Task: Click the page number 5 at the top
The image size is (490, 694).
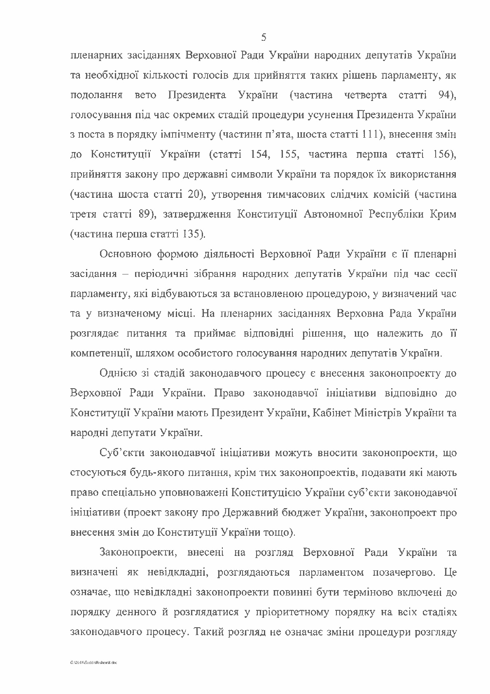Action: click(x=264, y=38)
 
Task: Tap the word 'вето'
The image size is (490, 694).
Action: click(x=145, y=95)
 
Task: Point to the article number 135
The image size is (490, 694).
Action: click(x=192, y=234)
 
